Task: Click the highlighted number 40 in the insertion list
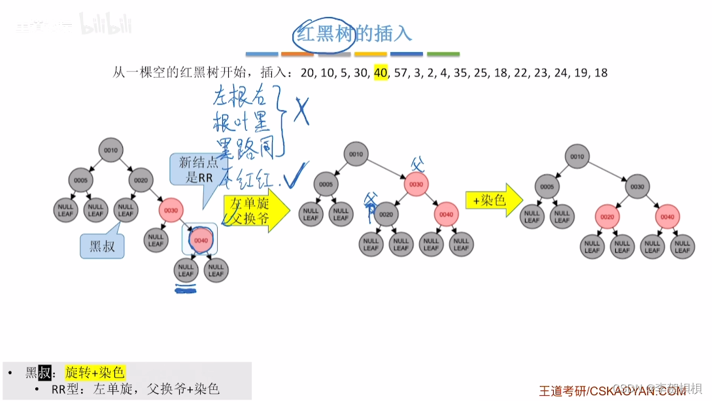click(x=381, y=73)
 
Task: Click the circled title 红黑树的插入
click(x=354, y=33)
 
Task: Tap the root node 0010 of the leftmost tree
click(x=110, y=150)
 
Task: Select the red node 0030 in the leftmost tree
click(x=171, y=210)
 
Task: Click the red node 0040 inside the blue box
click(x=201, y=240)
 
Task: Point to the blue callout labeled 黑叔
click(x=101, y=246)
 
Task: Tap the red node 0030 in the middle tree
click(x=416, y=184)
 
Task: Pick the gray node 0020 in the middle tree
click(x=386, y=214)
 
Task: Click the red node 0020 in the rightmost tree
click(x=607, y=217)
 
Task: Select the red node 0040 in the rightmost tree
click(x=667, y=217)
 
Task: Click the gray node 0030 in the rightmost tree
click(x=637, y=186)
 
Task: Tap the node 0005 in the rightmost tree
click(x=547, y=186)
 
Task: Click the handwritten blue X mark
click(x=301, y=111)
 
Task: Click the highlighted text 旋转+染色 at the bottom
click(x=95, y=373)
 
